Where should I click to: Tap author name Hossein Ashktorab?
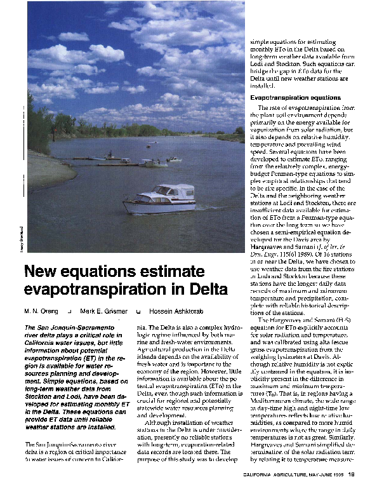[174, 312]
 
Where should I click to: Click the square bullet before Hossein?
[138, 312]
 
